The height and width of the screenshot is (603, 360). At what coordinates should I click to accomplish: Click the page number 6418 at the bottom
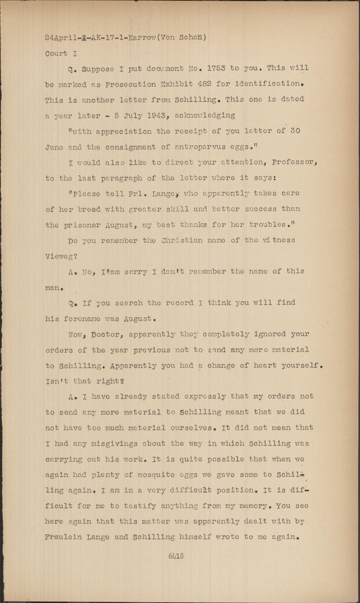tap(176, 556)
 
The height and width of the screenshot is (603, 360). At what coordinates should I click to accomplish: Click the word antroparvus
tap(195, 147)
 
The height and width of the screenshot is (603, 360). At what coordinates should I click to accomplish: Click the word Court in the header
tap(56, 53)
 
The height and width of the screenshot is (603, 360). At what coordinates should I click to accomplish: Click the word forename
tap(82, 318)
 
